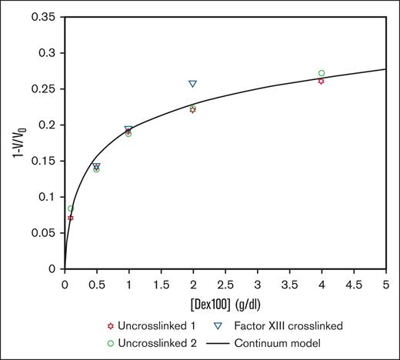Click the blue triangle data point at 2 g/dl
pyautogui.click(x=193, y=84)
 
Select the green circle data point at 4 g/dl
pyautogui.click(x=322, y=73)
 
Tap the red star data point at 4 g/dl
pyautogui.click(x=321, y=81)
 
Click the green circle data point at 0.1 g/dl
pyautogui.click(x=71, y=208)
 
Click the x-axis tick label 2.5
pyautogui.click(x=225, y=283)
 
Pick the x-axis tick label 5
pyautogui.click(x=385, y=283)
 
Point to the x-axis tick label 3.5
pyautogui.click(x=289, y=283)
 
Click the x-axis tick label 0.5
pyautogui.click(x=97, y=283)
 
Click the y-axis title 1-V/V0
pyautogui.click(x=16, y=143)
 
